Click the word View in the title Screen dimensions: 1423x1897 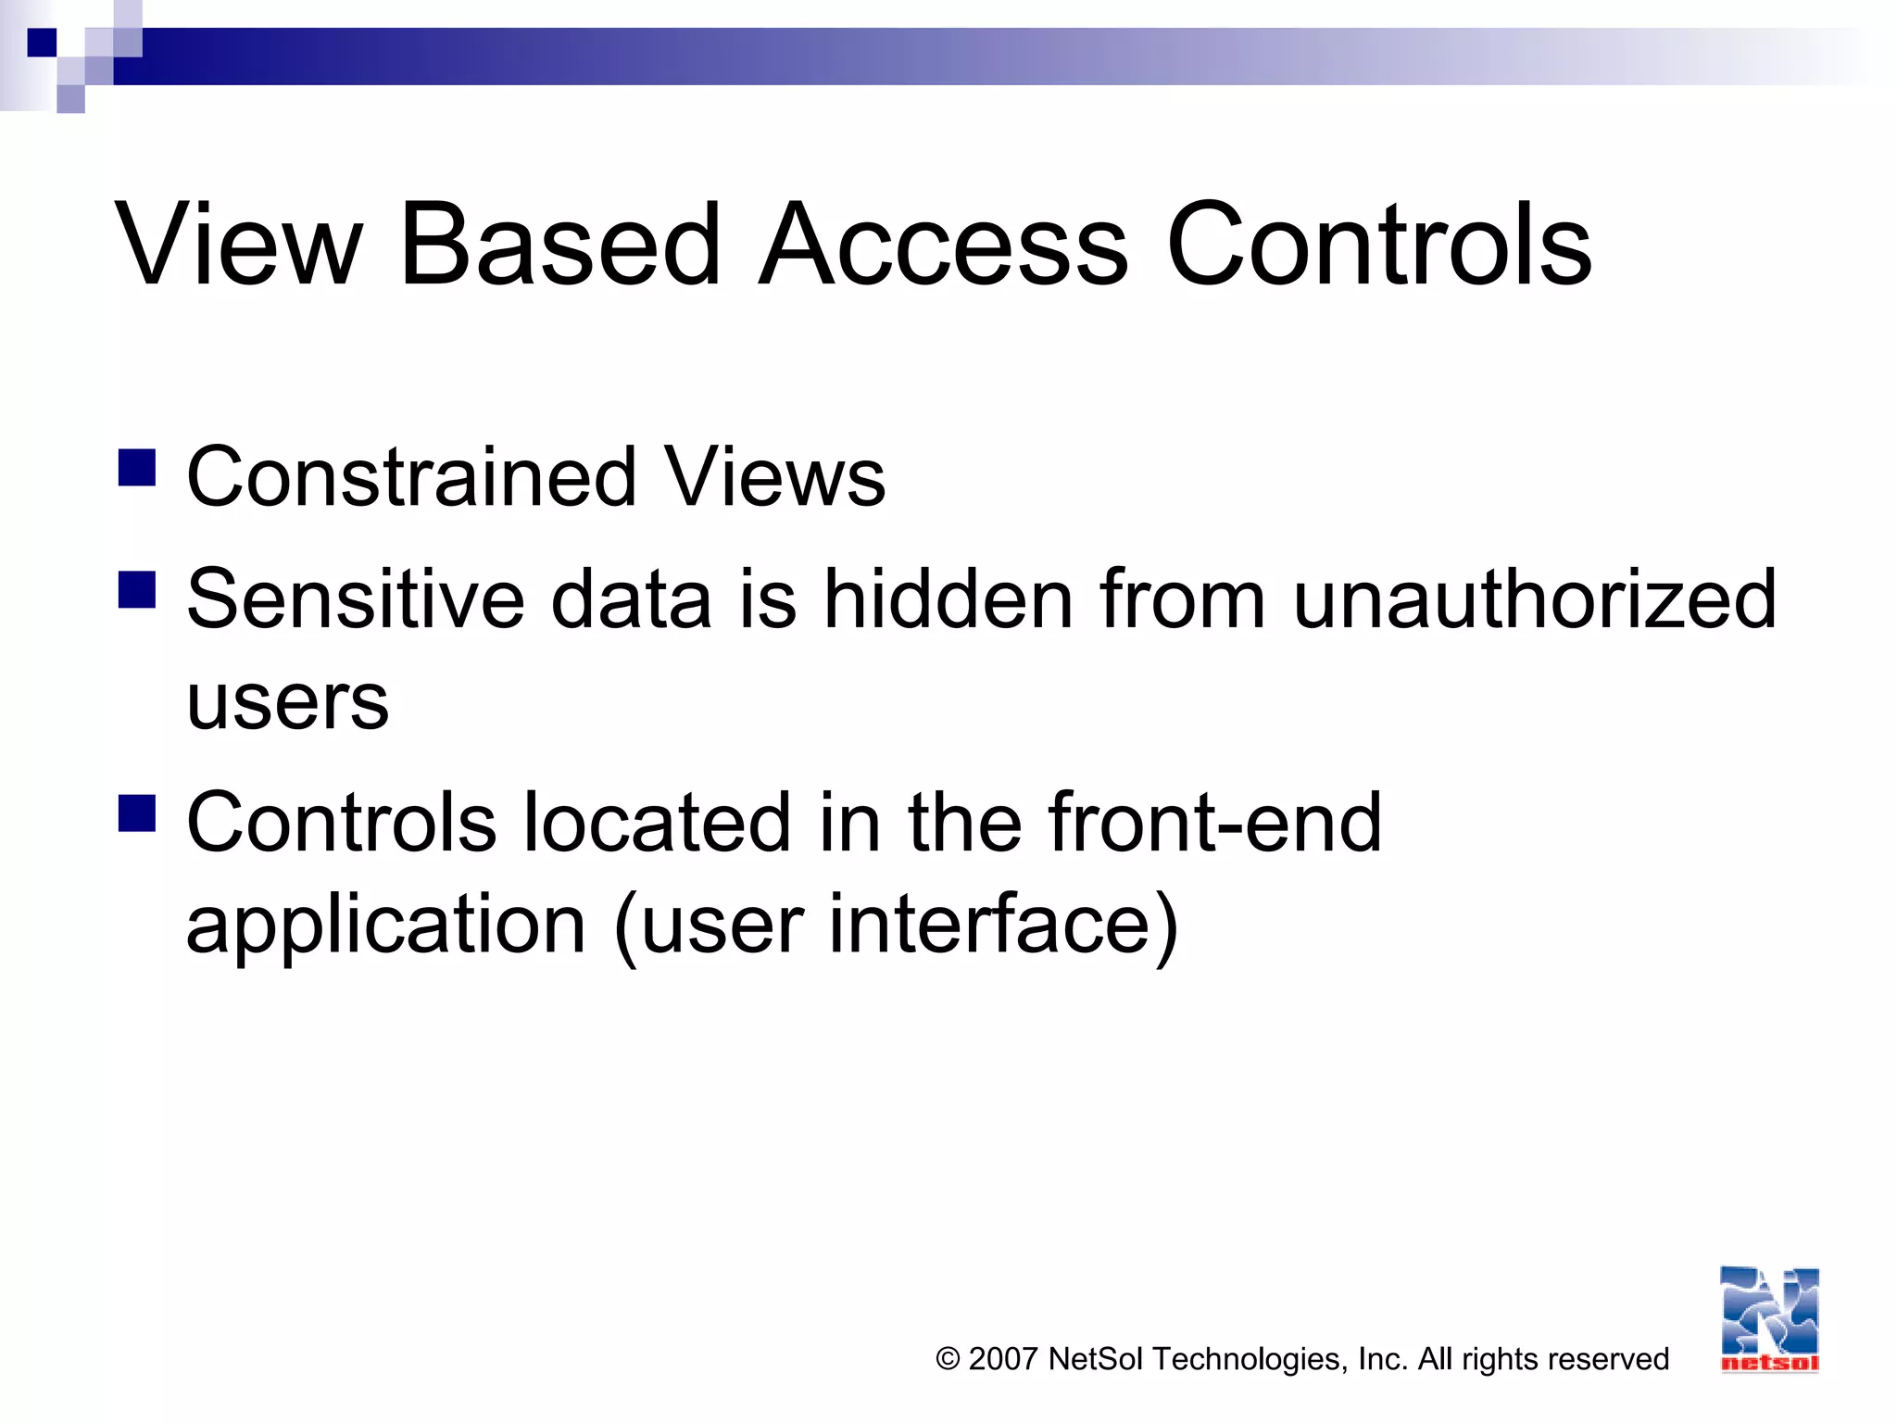(239, 245)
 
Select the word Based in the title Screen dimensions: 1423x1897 (559, 245)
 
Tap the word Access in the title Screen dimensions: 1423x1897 (943, 245)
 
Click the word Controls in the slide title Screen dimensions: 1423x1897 (1378, 245)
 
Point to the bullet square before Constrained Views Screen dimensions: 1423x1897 (137, 468)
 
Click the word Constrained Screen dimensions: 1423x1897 (412, 477)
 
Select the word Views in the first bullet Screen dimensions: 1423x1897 (774, 477)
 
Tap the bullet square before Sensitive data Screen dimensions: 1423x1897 (137, 589)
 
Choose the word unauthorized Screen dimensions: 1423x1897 (1534, 599)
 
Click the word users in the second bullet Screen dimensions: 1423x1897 (287, 701)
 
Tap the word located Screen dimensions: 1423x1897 (657, 823)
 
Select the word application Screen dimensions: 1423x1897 (386, 925)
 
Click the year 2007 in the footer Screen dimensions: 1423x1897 (1002, 1359)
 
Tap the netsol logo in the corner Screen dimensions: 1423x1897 (1769, 1319)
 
